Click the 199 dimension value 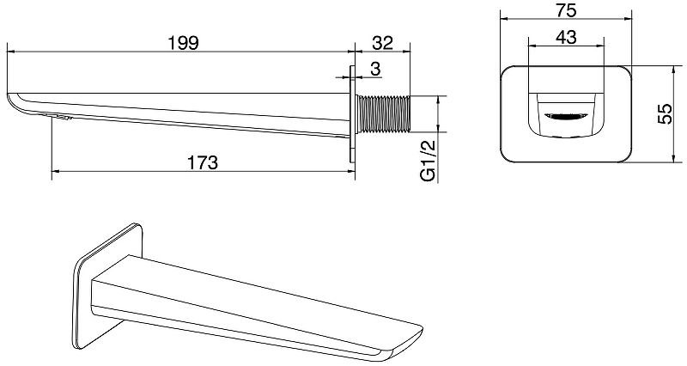tap(184, 43)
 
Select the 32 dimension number tap(382, 43)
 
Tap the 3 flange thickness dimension tap(375, 69)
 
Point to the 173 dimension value tap(202, 162)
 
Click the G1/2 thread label tap(429, 161)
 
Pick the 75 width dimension tap(566, 11)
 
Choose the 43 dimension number tap(566, 37)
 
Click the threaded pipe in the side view tap(384, 113)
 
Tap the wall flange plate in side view tap(352, 114)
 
